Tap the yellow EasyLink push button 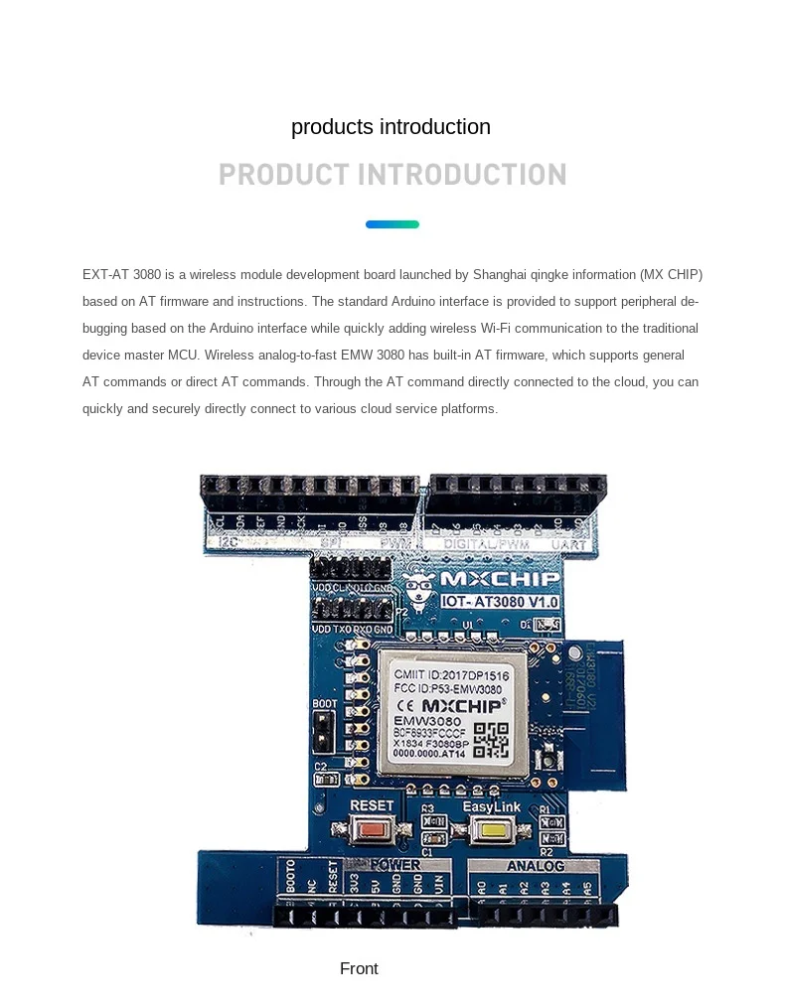pyautogui.click(x=491, y=831)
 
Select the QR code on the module pyautogui.click(x=491, y=740)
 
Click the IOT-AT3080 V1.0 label pyautogui.click(x=500, y=602)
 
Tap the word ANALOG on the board pyautogui.click(x=536, y=866)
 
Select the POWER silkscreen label pyautogui.click(x=395, y=865)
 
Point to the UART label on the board pyautogui.click(x=570, y=544)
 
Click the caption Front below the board pyautogui.click(x=359, y=968)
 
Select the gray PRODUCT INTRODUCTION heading pyautogui.click(x=392, y=175)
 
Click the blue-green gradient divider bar pyautogui.click(x=392, y=224)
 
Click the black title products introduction pyautogui.click(x=391, y=127)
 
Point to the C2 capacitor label pyautogui.click(x=320, y=766)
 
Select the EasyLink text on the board pyautogui.click(x=491, y=806)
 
